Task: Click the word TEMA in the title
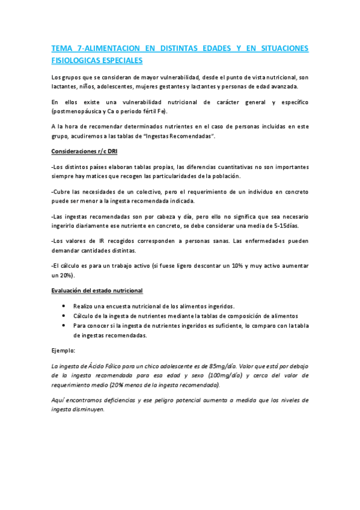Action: (x=61, y=49)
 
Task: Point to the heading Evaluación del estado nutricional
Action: (x=97, y=290)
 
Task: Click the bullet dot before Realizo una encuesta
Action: (x=64, y=306)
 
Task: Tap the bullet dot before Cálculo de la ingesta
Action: (x=64, y=316)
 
